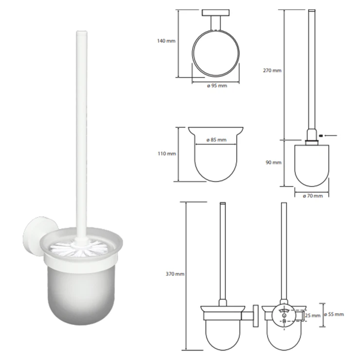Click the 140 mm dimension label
pos(166,41)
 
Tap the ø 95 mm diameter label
pos(217,86)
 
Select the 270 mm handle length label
pos(272,71)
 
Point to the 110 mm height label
pos(167,154)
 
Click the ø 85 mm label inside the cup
pos(216,140)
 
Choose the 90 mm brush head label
pos(273,162)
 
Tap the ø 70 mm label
pos(313,196)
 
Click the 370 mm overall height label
pos(175,274)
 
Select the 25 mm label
pos(312,316)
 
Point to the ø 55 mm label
pos(334,314)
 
